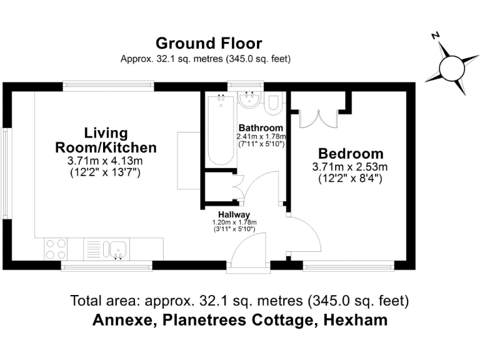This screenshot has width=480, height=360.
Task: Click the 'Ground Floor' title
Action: click(208, 43)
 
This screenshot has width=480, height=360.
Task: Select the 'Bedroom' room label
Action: click(350, 153)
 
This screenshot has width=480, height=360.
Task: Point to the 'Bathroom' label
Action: click(261, 128)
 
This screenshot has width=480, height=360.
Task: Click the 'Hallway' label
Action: click(234, 214)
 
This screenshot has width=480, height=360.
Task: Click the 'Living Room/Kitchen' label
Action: click(106, 141)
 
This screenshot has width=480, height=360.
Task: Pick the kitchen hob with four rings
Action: click(56, 249)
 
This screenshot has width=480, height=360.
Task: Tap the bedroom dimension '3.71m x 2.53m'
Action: click(350, 167)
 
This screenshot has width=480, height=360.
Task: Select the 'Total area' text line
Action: click(239, 301)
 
